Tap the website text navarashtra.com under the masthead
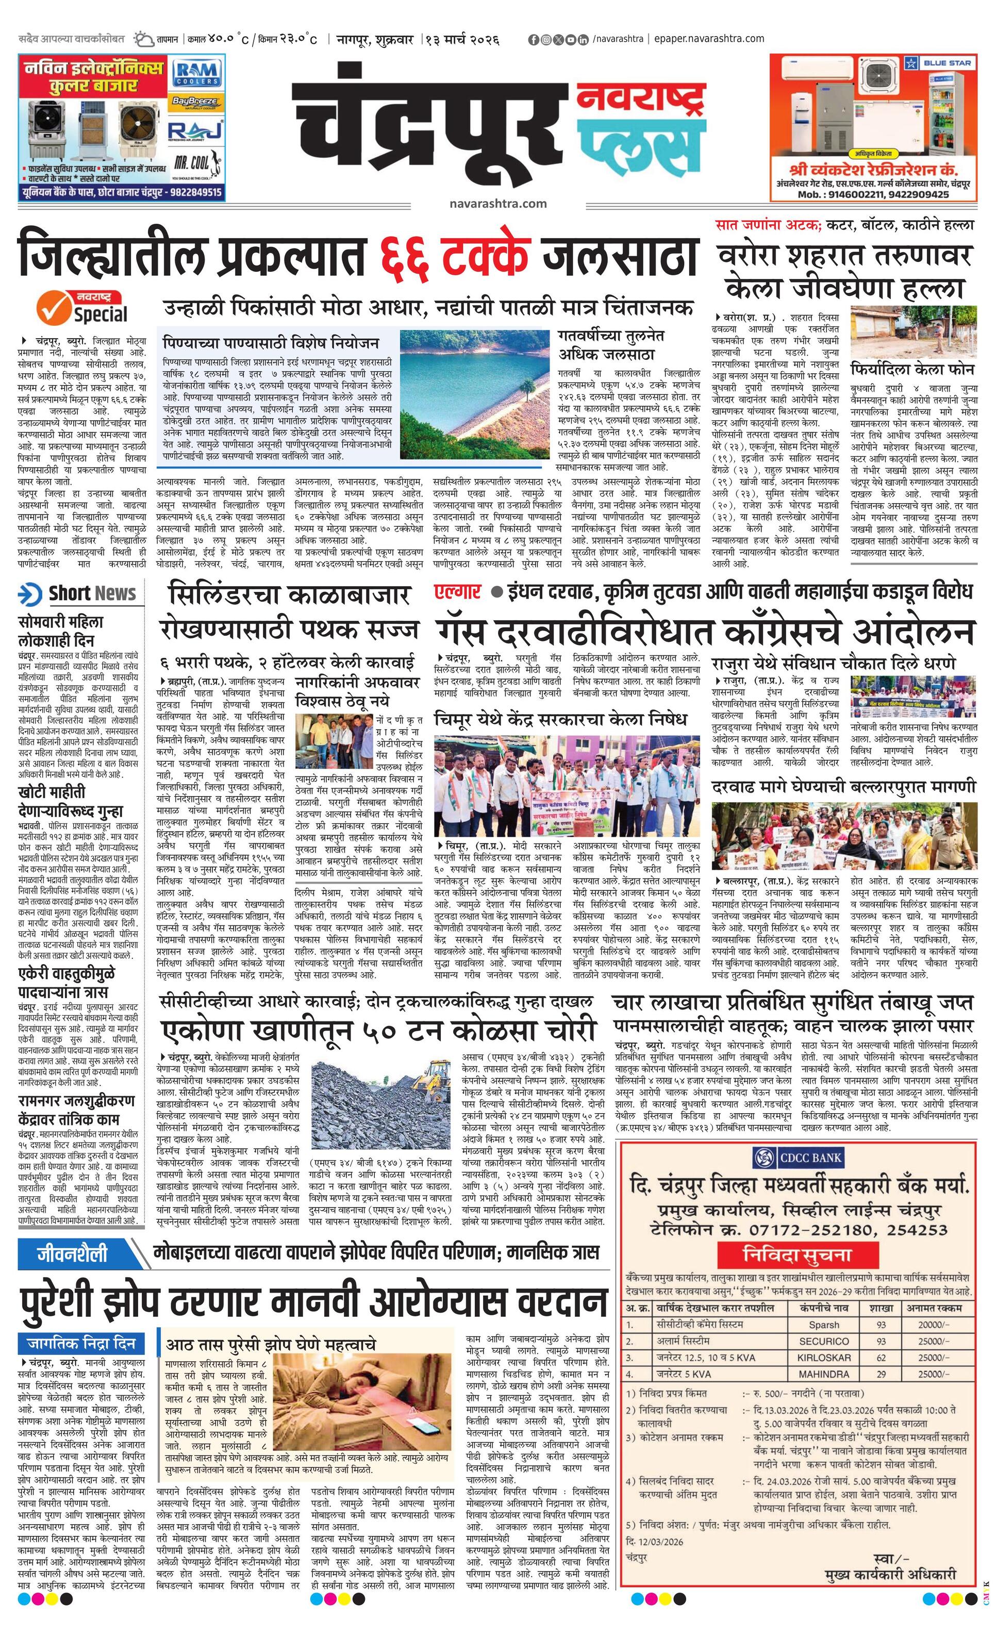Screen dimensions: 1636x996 coord(497,203)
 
